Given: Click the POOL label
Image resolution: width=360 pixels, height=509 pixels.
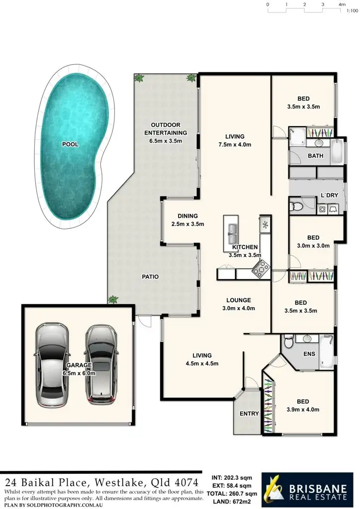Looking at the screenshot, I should coord(70,145).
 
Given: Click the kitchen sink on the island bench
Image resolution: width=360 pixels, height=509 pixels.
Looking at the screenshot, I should coord(232,230).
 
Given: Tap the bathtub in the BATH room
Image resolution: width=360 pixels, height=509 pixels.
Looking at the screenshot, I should coord(337,152).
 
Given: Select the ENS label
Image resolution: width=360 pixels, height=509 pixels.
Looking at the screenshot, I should coord(309,355).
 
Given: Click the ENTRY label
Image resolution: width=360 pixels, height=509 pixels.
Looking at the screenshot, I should coord(249,414).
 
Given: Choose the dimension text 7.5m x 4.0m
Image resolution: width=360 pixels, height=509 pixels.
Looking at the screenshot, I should coord(235,145).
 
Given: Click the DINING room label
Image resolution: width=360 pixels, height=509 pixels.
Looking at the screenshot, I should coord(188,216).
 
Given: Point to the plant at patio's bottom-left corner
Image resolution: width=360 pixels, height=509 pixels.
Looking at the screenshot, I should coord(113,299).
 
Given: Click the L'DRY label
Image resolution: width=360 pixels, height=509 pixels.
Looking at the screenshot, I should coord(329,195).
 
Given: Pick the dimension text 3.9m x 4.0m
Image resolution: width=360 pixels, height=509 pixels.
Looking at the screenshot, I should coord(303,410).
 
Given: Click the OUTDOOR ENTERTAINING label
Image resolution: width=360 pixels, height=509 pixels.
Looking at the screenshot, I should coord(166,129).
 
